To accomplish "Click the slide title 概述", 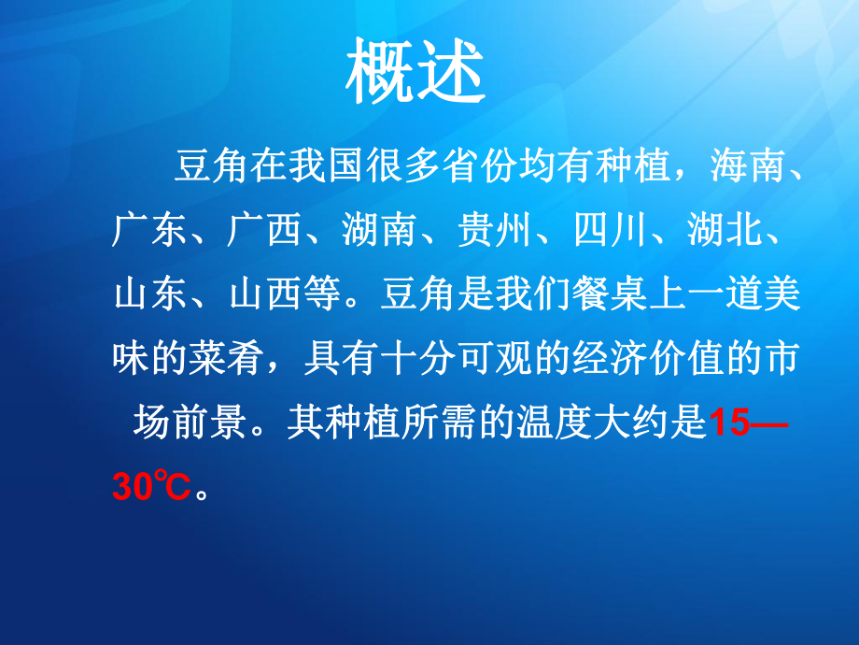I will click(x=416, y=74).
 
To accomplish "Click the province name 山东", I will click(x=149, y=294).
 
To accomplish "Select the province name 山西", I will click(x=264, y=294).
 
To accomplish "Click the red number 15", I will click(x=730, y=423).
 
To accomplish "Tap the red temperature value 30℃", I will click(x=150, y=487).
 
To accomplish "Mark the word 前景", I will click(x=207, y=423).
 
